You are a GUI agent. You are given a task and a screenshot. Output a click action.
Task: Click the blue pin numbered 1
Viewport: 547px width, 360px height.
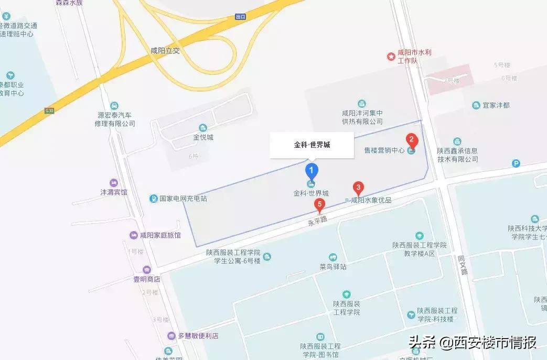tap(312, 171)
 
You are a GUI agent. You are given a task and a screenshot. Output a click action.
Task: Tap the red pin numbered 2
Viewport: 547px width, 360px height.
tap(412, 140)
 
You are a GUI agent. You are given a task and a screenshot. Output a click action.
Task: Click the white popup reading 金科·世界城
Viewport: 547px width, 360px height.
tap(312, 145)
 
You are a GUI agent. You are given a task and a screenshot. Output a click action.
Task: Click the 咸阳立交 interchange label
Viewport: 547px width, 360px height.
tap(165, 50)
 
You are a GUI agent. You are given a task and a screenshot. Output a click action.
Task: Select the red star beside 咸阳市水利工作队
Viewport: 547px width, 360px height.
tap(391, 56)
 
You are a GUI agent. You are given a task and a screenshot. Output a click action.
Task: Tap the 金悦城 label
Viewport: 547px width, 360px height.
tap(203, 137)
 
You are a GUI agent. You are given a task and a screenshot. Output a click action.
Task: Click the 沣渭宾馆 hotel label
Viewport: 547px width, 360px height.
tap(114, 192)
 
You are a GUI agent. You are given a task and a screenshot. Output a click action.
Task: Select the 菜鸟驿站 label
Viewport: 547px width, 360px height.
tap(333, 266)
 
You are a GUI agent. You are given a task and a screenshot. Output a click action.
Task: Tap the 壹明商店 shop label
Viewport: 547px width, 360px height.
tap(146, 279)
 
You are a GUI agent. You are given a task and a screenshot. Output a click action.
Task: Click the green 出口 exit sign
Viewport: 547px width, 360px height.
tap(240, 17)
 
